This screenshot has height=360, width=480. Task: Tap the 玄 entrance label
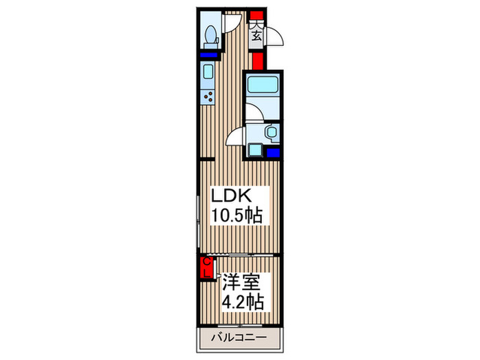point(256,34)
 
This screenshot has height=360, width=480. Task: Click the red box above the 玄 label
point(256,14)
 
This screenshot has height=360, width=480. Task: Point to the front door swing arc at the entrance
point(273,36)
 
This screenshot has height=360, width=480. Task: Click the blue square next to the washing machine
point(273,152)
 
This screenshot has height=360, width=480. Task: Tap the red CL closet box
point(205,267)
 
